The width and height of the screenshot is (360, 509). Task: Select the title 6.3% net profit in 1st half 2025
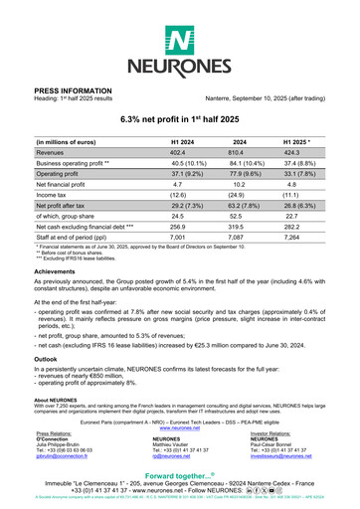pyautogui.click(x=180, y=118)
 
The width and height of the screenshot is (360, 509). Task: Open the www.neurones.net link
pyautogui.click(x=179, y=399)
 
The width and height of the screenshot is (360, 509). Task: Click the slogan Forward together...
pyautogui.click(x=179, y=475)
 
